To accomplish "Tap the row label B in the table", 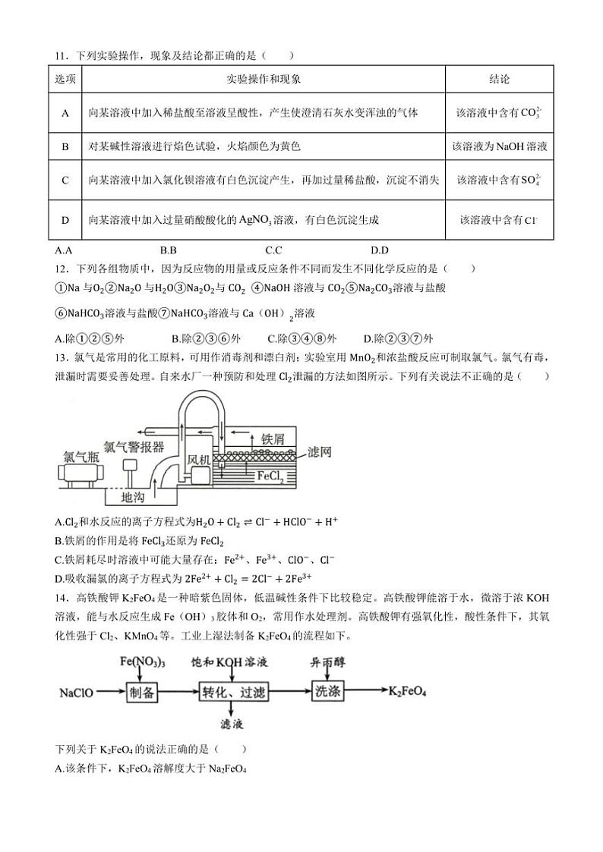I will point(65,146).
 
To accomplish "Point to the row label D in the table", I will point(65,220).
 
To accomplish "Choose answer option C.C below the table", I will point(273,250).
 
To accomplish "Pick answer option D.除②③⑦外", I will point(398,338).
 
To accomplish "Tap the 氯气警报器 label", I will point(134,446).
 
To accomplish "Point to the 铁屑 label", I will point(273,439).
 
